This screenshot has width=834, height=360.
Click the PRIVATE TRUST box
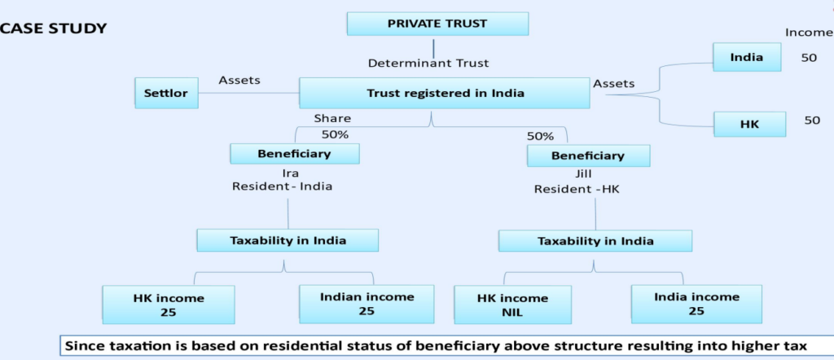[x=437, y=24]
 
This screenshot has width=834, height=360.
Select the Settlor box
[x=166, y=93]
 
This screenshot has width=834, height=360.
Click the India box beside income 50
[x=747, y=58]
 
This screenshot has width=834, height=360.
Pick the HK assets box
[x=748, y=124]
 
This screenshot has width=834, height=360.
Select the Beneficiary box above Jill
[x=588, y=155]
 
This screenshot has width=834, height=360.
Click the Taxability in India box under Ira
[x=288, y=239]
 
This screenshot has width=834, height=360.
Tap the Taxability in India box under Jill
[x=595, y=241]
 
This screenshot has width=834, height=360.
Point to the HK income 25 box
[x=168, y=304]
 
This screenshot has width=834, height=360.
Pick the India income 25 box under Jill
[x=696, y=304]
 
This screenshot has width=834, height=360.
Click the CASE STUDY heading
[x=54, y=29]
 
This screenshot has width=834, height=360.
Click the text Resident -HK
[x=573, y=189]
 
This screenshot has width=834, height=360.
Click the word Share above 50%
[x=332, y=118]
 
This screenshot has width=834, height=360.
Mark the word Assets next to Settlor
[x=239, y=80]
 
